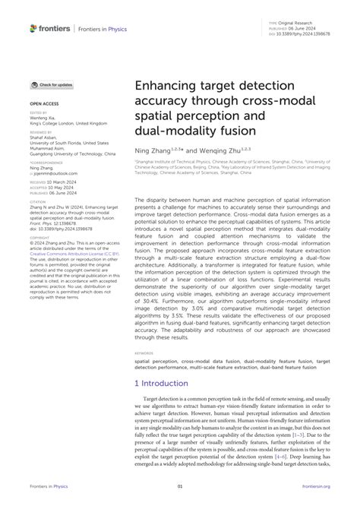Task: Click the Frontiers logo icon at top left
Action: pos(33,28)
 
